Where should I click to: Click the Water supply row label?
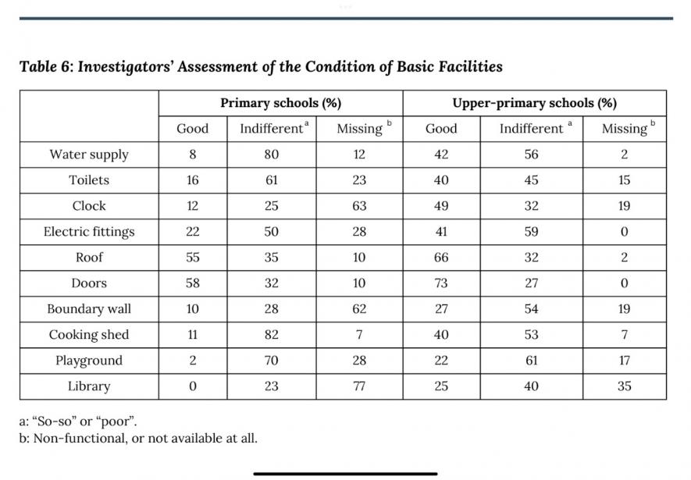(89, 155)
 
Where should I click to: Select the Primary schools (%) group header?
(280, 103)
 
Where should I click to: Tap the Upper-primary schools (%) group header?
(534, 103)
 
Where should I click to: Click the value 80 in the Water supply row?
(271, 155)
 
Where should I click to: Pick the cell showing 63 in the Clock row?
(359, 206)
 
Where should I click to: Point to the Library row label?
(89, 386)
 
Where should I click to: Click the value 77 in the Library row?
(359, 386)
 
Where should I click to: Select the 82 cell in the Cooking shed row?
(271, 335)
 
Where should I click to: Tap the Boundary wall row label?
(89, 309)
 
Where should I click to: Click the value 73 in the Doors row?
(441, 283)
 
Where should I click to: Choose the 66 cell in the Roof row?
(441, 258)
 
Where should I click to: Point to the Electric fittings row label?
(89, 232)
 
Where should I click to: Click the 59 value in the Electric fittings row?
(531, 232)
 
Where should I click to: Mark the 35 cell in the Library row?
(624, 386)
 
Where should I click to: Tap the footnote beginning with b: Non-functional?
(138, 438)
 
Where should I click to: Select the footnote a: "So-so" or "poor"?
(78, 421)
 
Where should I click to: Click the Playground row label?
(89, 361)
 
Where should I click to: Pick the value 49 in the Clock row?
(441, 206)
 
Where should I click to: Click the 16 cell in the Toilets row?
(193, 180)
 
